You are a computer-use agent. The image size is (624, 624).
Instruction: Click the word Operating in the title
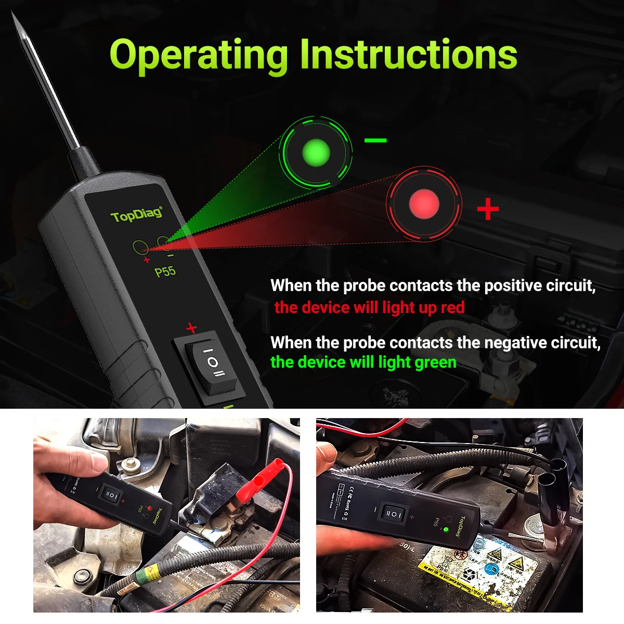tap(198, 56)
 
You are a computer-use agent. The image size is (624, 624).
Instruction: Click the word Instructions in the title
tap(408, 55)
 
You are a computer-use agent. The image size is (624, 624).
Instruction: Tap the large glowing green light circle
tap(316, 153)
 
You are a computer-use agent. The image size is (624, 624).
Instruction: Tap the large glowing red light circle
tap(424, 204)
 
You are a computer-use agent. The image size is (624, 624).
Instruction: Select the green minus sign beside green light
tap(375, 140)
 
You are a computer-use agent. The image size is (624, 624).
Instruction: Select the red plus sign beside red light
tap(488, 209)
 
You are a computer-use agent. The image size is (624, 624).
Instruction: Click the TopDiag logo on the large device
tap(136, 214)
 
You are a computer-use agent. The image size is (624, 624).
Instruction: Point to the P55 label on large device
tap(165, 271)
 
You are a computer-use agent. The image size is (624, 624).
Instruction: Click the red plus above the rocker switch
tap(192, 328)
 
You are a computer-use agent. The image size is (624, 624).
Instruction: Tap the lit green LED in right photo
tap(446, 530)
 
